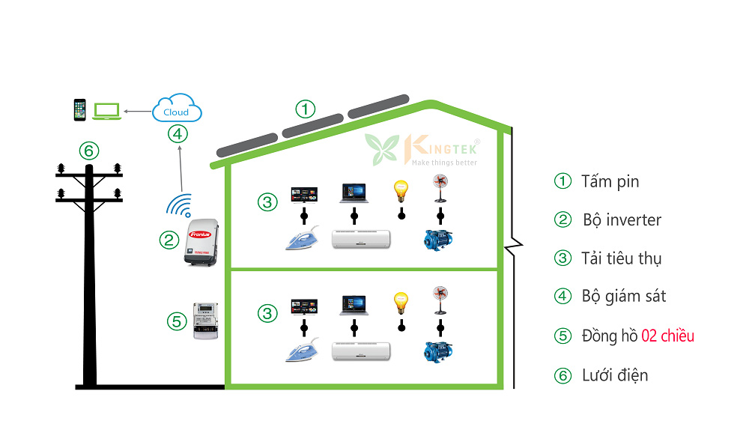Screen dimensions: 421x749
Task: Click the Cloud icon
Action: click(177, 110)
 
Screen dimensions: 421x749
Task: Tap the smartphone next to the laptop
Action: click(80, 109)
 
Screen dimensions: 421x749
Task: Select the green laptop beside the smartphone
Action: click(106, 110)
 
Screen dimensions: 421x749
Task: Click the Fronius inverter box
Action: click(201, 240)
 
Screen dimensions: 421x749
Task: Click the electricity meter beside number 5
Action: click(205, 321)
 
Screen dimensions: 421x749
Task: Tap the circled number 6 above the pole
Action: click(89, 151)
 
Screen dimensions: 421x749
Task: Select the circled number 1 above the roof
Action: click(305, 109)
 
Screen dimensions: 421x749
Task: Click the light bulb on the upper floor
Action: click(401, 190)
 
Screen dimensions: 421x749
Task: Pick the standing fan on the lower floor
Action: click(440, 300)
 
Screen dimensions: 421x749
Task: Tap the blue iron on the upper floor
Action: click(304, 238)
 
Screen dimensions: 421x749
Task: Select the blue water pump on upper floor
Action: click(437, 240)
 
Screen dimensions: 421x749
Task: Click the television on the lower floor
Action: click(304, 306)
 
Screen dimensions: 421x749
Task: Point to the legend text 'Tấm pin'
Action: click(610, 181)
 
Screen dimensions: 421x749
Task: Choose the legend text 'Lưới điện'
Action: click(614, 375)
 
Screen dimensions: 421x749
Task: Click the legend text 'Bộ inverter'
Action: click(622, 220)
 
